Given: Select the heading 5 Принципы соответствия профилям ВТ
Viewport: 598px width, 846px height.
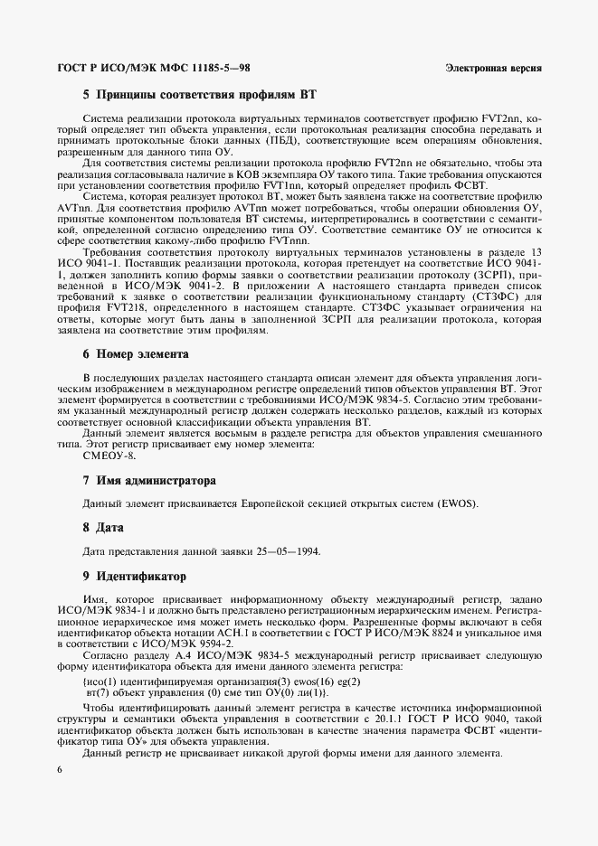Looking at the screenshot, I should pos(199,93).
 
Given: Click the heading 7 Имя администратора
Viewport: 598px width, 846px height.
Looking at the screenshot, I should pos(149,479).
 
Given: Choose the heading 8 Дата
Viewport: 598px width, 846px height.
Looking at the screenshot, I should pos(103,527).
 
